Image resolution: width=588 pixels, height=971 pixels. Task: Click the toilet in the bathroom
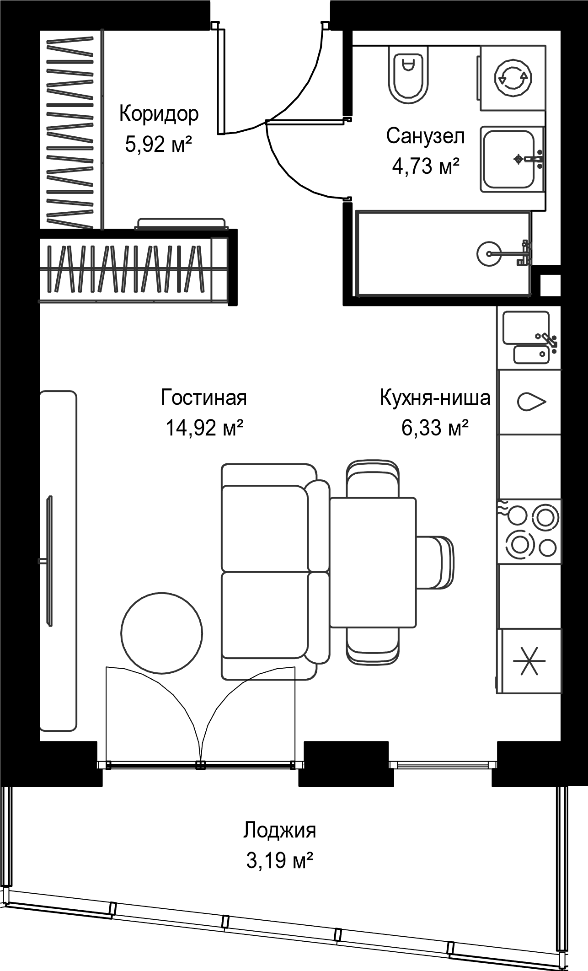pyautogui.click(x=408, y=73)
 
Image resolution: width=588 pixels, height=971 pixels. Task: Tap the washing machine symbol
pyautogui.click(x=514, y=78)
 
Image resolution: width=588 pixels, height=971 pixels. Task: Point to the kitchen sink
pyautogui.click(x=526, y=327)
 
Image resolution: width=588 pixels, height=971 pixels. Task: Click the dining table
pyautogui.click(x=373, y=563)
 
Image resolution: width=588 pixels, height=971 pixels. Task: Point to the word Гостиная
pyautogui.click(x=204, y=397)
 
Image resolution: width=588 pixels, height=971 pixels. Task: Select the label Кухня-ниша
pyautogui.click(x=435, y=397)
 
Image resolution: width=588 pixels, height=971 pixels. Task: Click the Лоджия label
pyautogui.click(x=279, y=830)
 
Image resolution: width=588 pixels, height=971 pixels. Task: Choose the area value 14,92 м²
pyautogui.click(x=204, y=428)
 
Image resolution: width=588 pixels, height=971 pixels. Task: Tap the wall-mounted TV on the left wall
pyautogui.click(x=48, y=561)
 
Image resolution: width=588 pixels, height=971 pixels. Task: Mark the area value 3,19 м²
pyautogui.click(x=279, y=861)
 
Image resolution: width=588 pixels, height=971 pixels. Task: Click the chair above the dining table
pyautogui.click(x=373, y=480)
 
